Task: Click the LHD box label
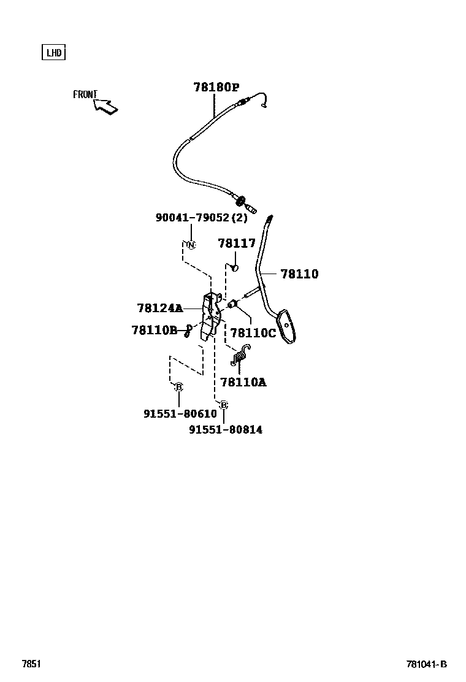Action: point(54,52)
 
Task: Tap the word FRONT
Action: point(85,94)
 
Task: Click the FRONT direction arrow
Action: point(106,107)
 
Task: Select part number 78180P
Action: point(216,88)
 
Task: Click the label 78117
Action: point(236,243)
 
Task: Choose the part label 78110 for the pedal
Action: point(299,274)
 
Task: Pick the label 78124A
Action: point(159,308)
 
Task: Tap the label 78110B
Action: point(154,331)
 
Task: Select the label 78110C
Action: point(253,333)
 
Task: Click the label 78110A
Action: point(243,382)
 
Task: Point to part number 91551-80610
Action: point(180,414)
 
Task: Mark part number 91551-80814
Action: point(225,430)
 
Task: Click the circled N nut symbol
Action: point(191,245)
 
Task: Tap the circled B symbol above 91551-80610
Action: point(178,387)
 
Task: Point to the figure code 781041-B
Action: point(426,664)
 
